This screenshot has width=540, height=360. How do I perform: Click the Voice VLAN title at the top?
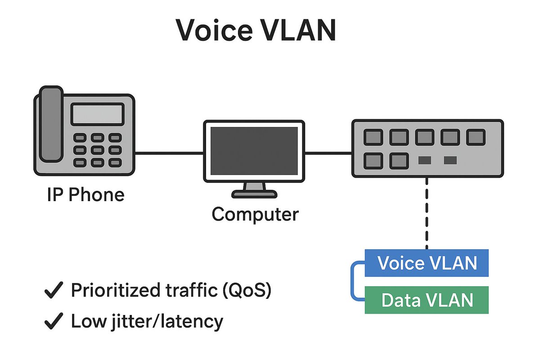point(256,31)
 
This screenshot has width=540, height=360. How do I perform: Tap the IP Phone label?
point(85,195)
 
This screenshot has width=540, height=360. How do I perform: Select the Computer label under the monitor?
point(255,214)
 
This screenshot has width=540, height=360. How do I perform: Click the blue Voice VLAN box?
point(427,263)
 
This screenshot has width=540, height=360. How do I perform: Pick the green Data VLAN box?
point(427,300)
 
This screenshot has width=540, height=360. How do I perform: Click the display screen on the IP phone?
point(97,114)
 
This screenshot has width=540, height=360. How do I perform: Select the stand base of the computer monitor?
point(255,193)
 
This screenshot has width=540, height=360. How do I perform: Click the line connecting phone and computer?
point(169,153)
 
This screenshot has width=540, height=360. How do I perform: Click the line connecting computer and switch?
point(328,153)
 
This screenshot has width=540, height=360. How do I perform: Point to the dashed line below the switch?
point(427,211)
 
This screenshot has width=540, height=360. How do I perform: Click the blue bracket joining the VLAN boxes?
point(352,281)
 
